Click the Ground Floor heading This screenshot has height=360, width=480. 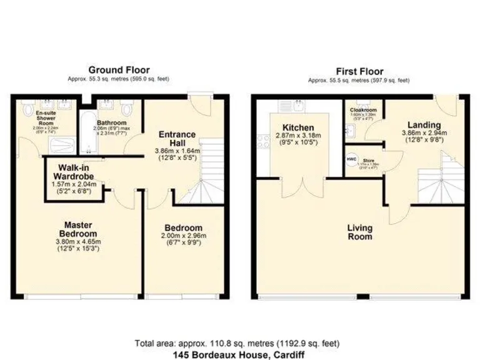click(x=119, y=70)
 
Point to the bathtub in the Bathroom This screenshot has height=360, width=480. click(x=87, y=127)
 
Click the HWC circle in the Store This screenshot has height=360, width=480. click(x=351, y=159)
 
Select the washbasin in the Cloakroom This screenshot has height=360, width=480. click(x=349, y=129)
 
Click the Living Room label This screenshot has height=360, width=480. click(x=360, y=232)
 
